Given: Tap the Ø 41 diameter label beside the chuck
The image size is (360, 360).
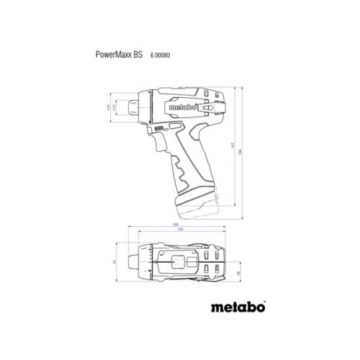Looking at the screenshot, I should (110, 108).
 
